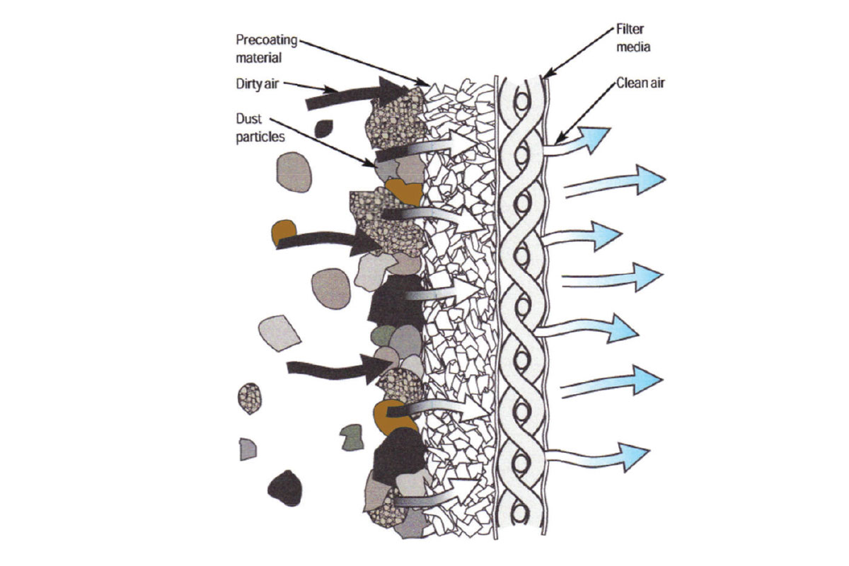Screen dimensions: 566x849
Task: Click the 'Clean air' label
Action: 640,83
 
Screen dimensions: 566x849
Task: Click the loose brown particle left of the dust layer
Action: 284,232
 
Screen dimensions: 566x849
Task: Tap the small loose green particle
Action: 351,437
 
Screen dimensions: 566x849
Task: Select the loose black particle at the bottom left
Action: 286,487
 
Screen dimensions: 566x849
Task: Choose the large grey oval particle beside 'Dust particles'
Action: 294,173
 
